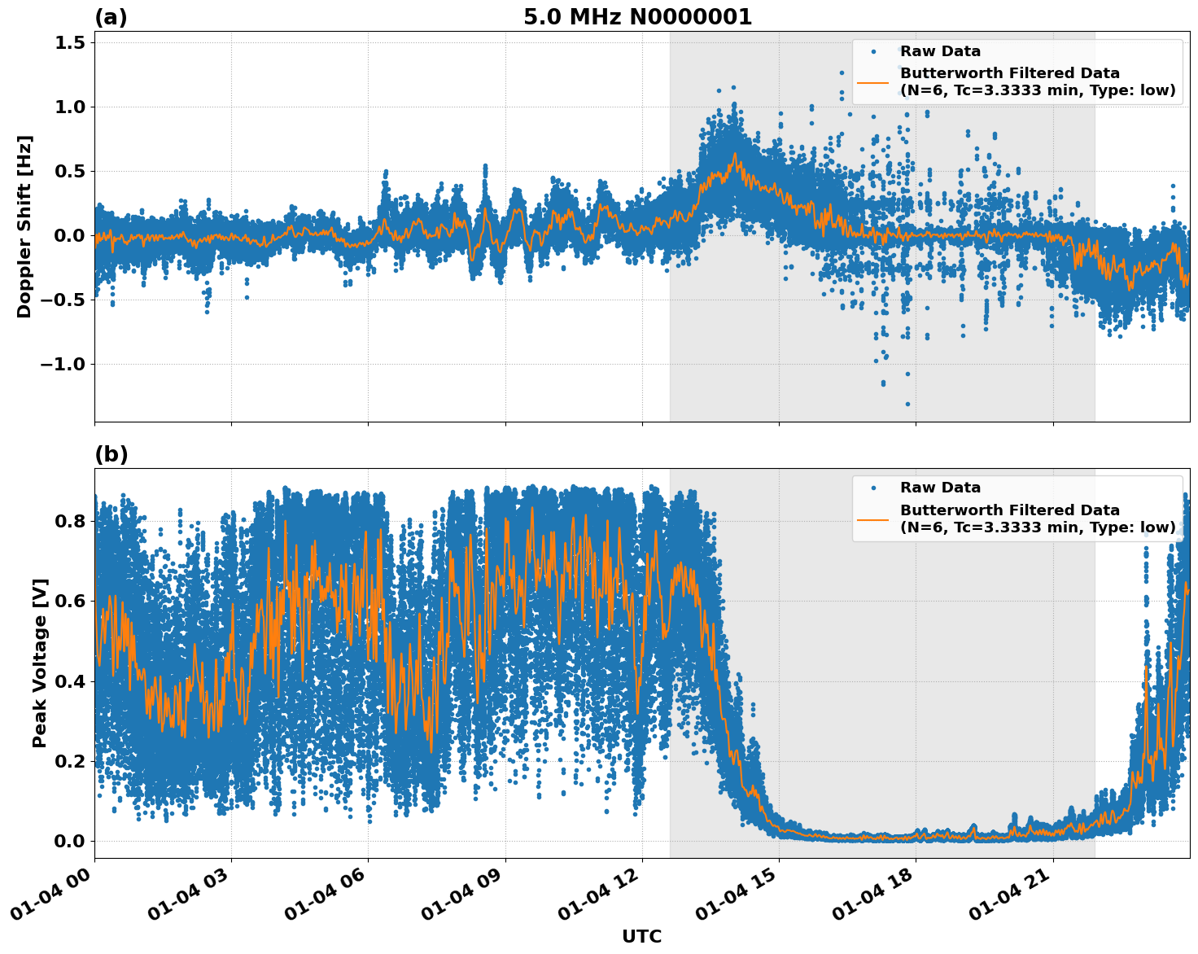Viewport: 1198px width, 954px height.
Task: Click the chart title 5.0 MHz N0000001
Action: tap(637, 17)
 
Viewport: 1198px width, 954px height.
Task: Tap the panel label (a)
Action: tap(111, 17)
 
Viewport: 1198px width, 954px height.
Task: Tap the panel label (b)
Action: tap(111, 454)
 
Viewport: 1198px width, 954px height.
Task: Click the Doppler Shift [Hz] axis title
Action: tap(24, 226)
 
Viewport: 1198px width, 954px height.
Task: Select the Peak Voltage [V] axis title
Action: tap(40, 663)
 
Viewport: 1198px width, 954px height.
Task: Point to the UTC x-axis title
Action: tap(641, 936)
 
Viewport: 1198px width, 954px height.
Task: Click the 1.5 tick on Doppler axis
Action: tap(69, 42)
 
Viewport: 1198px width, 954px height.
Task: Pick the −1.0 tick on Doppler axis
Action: tap(63, 364)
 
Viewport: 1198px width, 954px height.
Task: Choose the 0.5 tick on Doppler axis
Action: tap(69, 171)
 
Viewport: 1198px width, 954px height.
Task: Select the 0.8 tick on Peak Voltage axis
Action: tap(69, 521)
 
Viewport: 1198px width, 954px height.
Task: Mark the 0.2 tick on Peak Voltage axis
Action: tap(69, 761)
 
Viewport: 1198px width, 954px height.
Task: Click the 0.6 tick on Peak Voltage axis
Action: tap(69, 601)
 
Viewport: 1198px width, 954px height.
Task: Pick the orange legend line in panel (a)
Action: tap(873, 81)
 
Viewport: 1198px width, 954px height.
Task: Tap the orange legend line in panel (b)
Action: tap(873, 519)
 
